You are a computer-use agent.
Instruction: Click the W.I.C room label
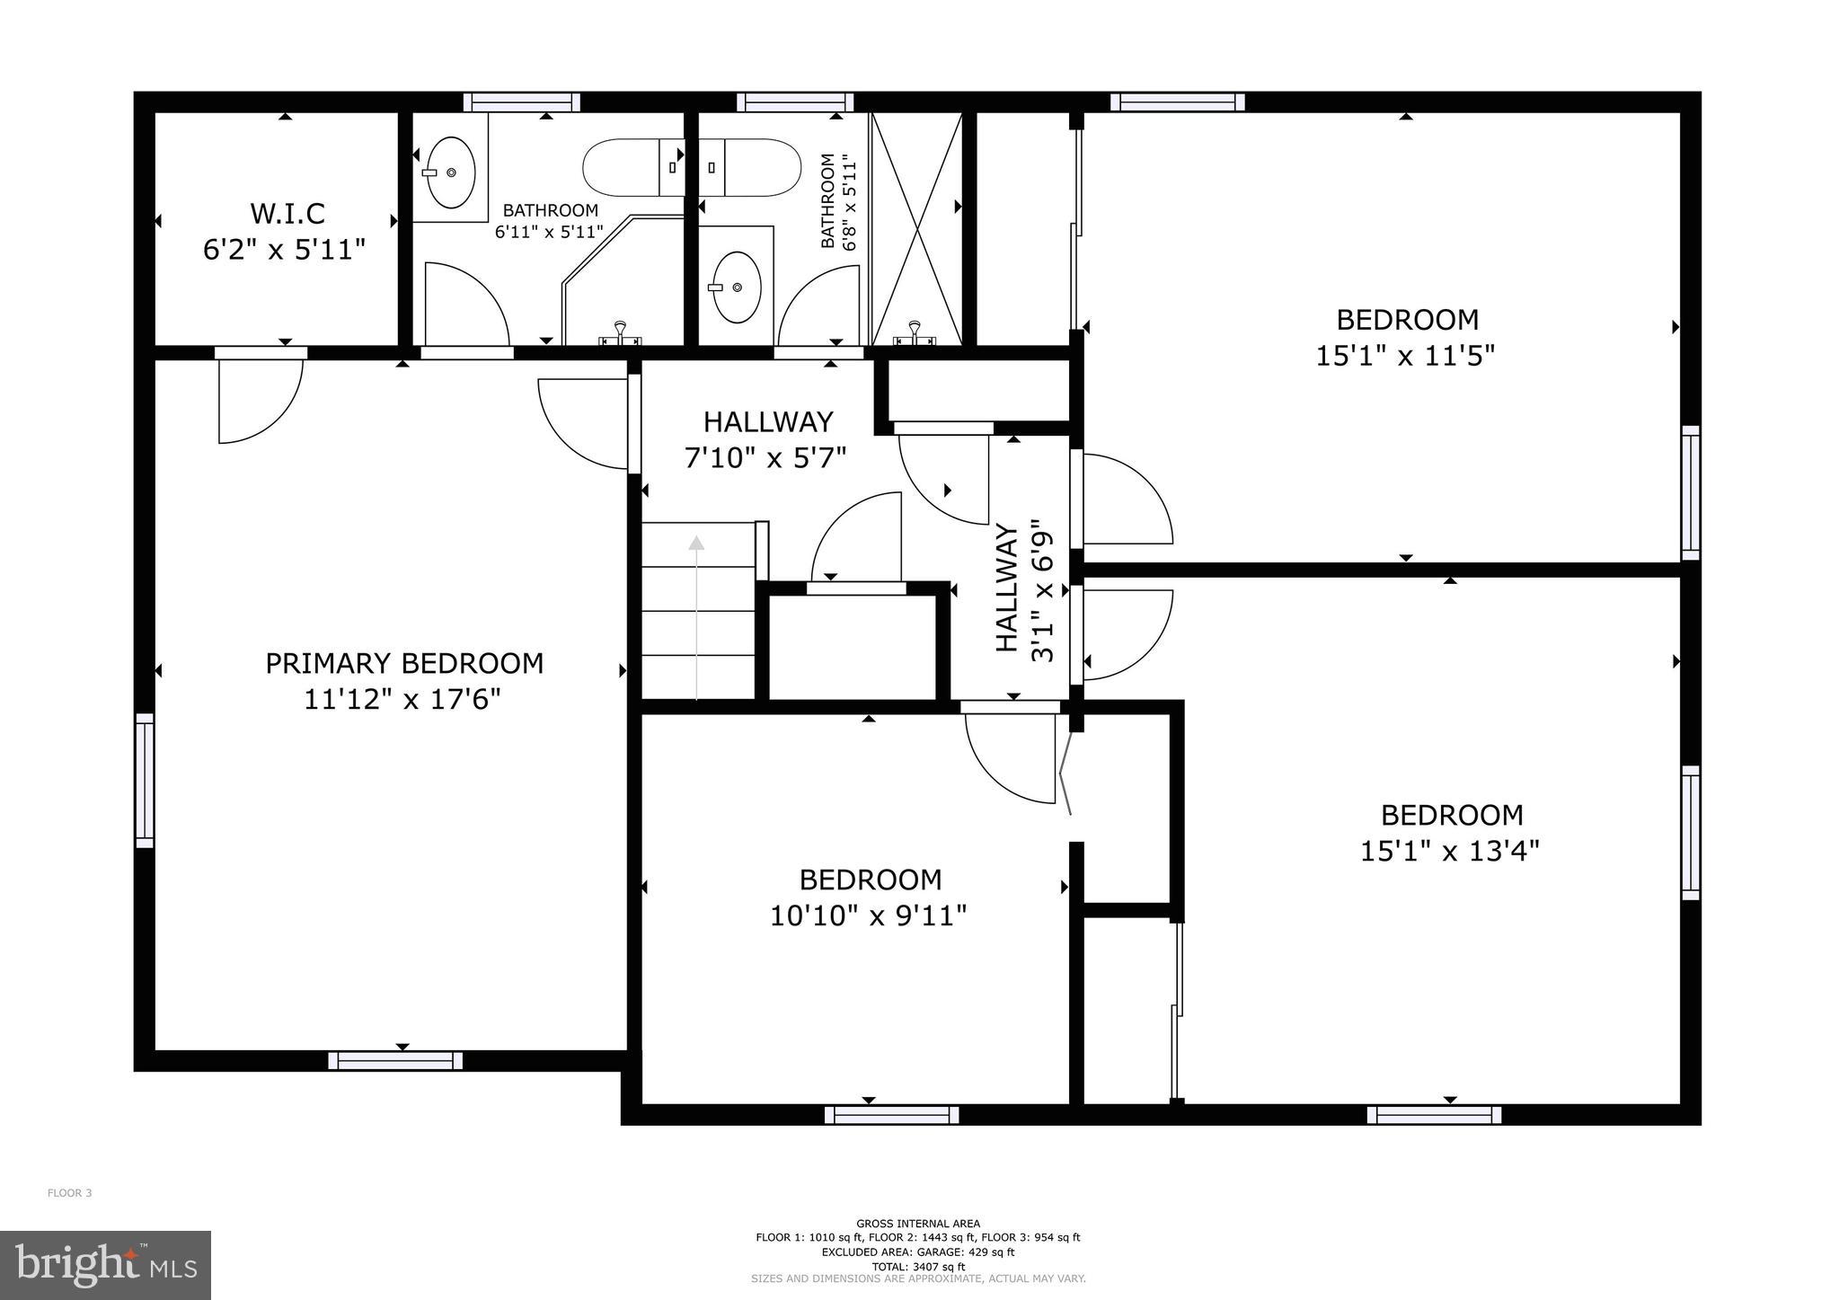point(287,214)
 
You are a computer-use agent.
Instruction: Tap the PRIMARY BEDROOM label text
point(404,664)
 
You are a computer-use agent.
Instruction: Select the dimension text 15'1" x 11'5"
point(1405,357)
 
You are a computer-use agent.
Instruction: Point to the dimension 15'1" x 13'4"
point(1449,852)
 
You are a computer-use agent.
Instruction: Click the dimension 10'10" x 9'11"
point(868,916)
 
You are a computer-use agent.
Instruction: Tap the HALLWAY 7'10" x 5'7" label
point(767,439)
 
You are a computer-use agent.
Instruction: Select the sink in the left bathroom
point(450,172)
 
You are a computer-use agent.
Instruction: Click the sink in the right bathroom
point(737,287)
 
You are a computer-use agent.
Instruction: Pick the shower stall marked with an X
point(916,228)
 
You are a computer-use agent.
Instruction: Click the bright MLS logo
point(105,1266)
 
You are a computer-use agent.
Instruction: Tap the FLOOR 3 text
point(69,1193)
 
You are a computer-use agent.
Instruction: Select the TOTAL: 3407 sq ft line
point(917,1267)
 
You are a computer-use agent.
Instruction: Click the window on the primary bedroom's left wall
point(145,780)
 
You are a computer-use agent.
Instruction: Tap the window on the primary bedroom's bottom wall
point(395,1061)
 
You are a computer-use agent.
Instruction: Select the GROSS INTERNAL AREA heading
point(917,1223)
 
